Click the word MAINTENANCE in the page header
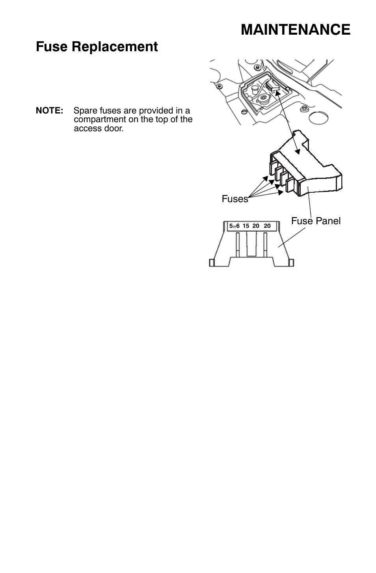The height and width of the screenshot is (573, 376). pos(295,30)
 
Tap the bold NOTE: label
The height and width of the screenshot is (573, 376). pos(50,111)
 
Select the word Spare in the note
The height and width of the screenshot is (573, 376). pos(85,111)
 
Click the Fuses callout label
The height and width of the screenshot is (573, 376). pos(235,199)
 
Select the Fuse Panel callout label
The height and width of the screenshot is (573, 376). pos(316,221)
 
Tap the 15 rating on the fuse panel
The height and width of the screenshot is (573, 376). pos(246,226)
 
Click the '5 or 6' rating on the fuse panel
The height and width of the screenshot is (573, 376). pos(234,226)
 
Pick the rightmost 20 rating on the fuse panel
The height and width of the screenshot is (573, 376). pos(267,226)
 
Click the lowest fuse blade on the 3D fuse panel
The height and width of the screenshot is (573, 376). pos(290,185)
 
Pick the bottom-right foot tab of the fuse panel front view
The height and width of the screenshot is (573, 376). pos(291,262)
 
